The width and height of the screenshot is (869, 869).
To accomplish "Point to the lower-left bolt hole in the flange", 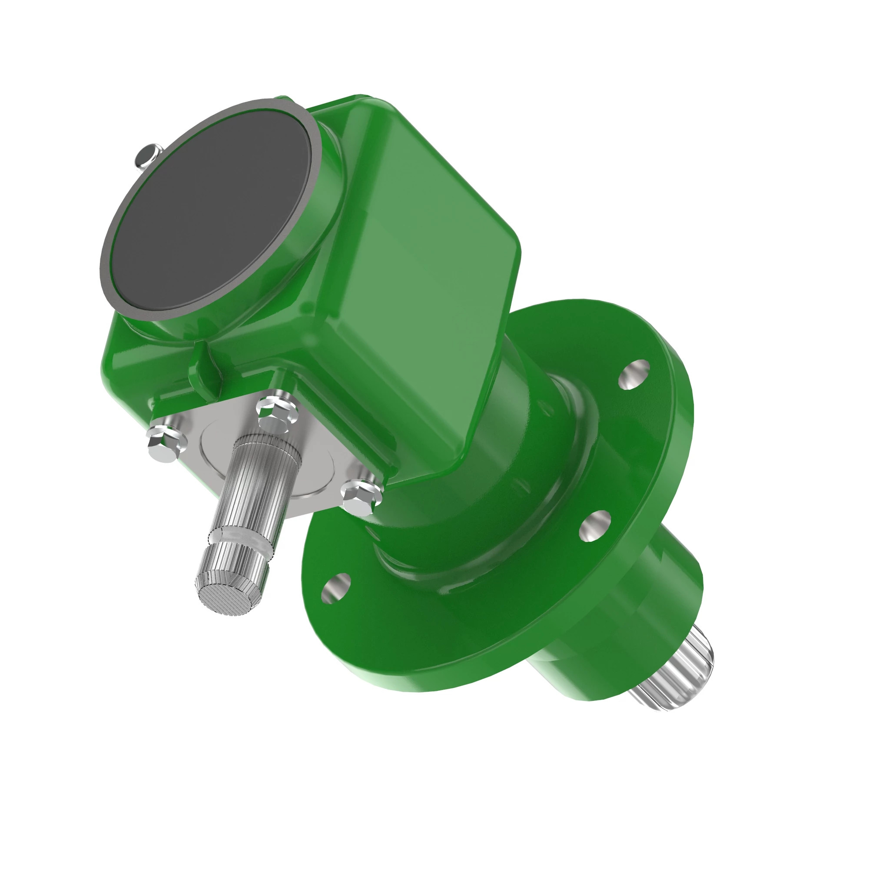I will [x=335, y=587].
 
